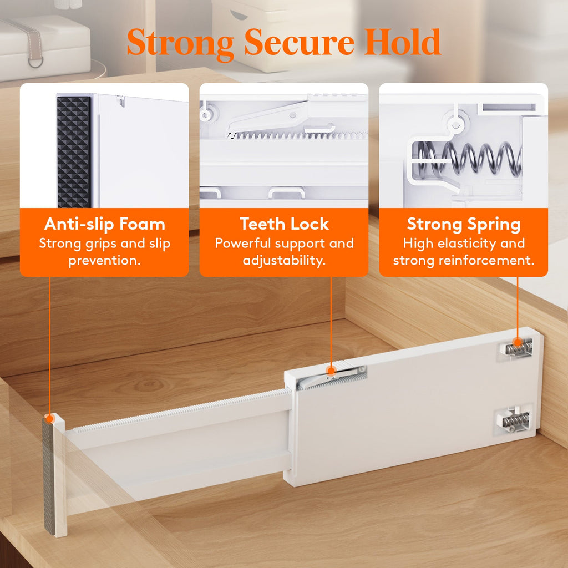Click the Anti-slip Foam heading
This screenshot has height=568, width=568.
pos(104,224)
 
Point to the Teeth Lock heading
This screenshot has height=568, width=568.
pos(284,224)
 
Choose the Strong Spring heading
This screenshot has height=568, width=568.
pos(464,224)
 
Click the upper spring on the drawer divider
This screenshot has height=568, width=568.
pos(518,349)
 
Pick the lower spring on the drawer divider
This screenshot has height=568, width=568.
pos(515,422)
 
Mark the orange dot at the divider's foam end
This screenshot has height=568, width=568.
pos(49,417)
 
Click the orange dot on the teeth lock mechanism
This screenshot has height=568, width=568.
pos(331,371)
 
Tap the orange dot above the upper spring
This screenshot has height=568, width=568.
pos(518,341)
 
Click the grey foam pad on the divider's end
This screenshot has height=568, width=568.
pos(49,477)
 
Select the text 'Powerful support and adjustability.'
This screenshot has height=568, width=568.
pos(284,252)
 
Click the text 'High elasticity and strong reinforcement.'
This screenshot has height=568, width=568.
pos(464,252)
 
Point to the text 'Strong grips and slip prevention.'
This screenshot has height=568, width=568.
pos(104,252)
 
